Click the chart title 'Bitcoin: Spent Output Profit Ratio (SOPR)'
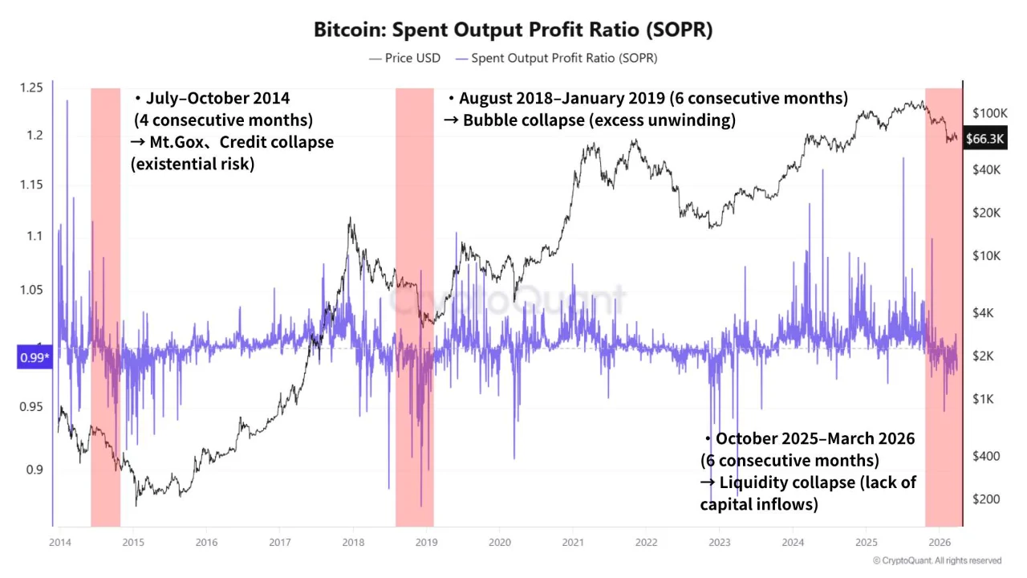coord(513,30)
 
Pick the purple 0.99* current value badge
coord(34,357)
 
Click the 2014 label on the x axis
coord(59,542)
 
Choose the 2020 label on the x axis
coord(499,542)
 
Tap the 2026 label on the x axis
coord(940,542)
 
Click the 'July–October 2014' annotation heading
coord(217,99)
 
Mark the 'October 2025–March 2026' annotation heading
coord(814,439)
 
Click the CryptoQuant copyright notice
coord(937,560)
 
